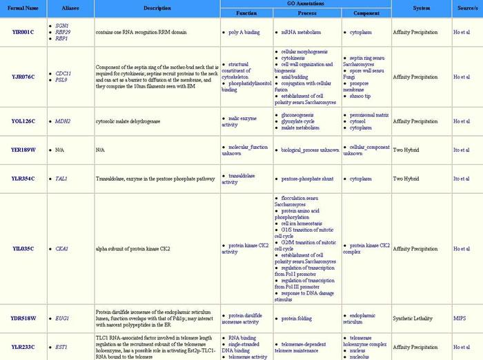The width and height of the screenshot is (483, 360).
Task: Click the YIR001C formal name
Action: [23, 32]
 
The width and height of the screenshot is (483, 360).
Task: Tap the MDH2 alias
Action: [63, 121]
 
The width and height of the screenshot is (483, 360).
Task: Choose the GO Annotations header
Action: [305, 4]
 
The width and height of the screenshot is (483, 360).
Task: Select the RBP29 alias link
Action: [63, 32]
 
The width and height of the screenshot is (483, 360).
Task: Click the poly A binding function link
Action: [244, 32]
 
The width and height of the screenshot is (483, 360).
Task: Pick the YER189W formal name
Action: [23, 150]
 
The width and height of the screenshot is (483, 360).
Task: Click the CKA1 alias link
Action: [62, 248]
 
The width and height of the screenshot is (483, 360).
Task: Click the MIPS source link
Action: [460, 319]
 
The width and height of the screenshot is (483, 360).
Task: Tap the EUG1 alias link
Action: [62, 319]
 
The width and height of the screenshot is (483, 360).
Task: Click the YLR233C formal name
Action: [23, 347]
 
